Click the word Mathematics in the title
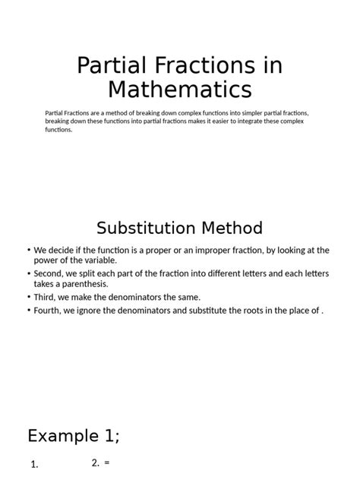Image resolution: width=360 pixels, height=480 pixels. (x=179, y=90)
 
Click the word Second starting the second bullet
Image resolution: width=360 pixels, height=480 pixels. (x=49, y=274)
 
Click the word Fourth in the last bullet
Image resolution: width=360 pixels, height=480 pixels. (x=49, y=311)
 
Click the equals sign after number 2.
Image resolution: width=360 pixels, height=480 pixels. (x=107, y=463)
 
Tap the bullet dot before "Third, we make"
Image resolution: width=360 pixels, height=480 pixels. (x=28, y=298)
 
